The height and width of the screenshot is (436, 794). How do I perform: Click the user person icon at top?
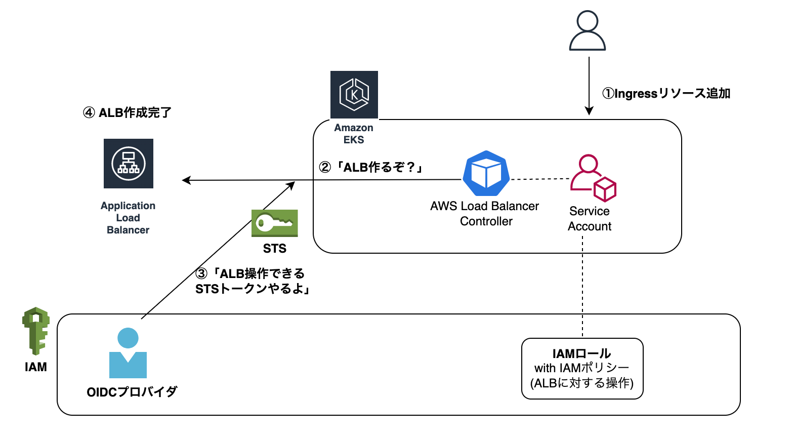point(587,31)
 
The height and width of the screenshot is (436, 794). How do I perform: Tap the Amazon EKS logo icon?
point(354,95)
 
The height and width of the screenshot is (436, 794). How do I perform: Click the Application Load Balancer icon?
point(128,164)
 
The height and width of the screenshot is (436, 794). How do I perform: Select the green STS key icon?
point(274,223)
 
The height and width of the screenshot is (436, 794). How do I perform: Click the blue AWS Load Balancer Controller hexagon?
point(486,174)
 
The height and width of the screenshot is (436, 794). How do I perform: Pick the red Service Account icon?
point(593,177)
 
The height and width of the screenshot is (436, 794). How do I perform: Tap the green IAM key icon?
point(35,331)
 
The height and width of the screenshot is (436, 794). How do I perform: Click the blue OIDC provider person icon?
point(128,353)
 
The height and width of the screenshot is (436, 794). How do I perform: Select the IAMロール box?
point(582,368)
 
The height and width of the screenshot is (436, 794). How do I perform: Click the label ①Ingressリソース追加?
point(666,94)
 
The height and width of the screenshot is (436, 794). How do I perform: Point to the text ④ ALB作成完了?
point(128,112)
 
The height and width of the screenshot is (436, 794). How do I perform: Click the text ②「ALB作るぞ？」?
point(371,167)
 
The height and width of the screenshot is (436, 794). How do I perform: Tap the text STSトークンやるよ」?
point(253,289)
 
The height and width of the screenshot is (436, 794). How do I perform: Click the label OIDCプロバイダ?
point(132,392)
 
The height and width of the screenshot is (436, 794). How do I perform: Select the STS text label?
point(274,249)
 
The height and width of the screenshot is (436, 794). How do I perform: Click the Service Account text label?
point(589,219)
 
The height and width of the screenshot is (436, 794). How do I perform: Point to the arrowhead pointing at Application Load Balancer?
point(186,180)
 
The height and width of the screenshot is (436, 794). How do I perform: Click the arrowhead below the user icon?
point(589,111)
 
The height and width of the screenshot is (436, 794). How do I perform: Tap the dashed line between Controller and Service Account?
point(540,179)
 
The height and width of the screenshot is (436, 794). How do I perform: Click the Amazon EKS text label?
point(354,134)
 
